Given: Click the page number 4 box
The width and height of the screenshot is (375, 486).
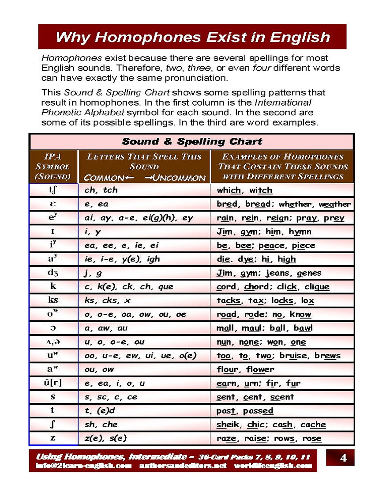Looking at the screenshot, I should click(x=343, y=458).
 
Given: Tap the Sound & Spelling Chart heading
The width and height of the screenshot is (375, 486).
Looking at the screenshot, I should click(x=191, y=142).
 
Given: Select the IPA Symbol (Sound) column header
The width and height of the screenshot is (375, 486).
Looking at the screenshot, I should click(x=53, y=167).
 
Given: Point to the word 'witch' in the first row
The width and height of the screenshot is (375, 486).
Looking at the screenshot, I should click(x=261, y=190).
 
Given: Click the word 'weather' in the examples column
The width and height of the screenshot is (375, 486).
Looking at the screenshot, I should click(x=335, y=204).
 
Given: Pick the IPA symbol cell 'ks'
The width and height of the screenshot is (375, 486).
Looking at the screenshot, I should click(x=53, y=300).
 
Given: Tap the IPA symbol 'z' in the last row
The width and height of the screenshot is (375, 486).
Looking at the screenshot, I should click(x=53, y=438).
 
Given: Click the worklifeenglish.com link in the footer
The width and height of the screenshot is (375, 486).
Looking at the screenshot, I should click(x=273, y=466).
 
